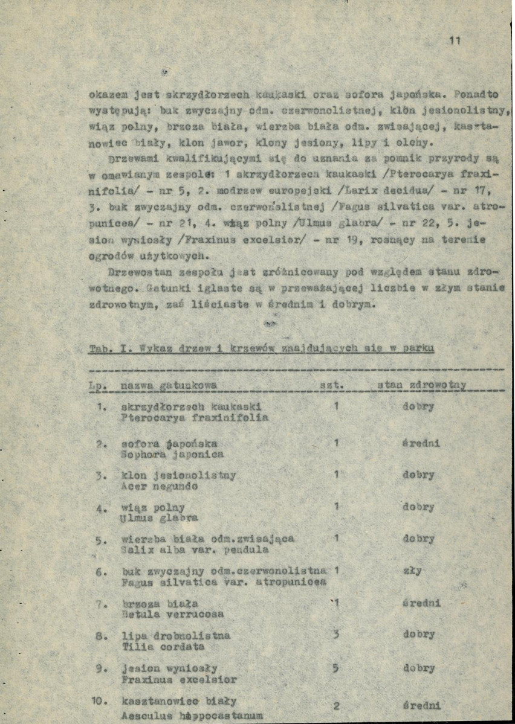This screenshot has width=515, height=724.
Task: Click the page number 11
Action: pyautogui.click(x=455, y=41)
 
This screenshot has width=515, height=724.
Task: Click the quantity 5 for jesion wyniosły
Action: pyautogui.click(x=336, y=668)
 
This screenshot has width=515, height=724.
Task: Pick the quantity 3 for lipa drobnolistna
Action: pyautogui.click(x=336, y=635)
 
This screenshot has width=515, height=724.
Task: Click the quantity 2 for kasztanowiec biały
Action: pyautogui.click(x=336, y=706)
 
